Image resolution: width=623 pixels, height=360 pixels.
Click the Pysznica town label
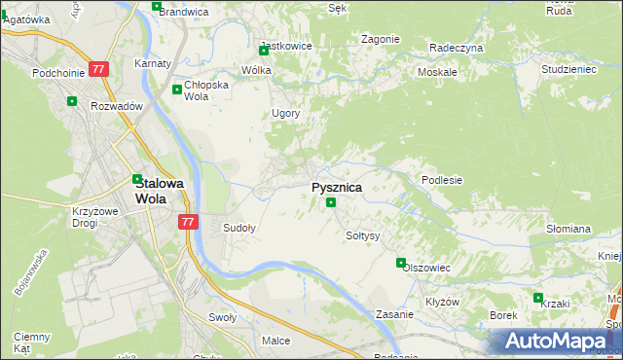pos(337,187)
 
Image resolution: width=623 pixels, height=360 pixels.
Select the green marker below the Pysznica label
pos(331,202)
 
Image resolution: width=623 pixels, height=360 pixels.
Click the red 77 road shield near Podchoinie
pos(98,70)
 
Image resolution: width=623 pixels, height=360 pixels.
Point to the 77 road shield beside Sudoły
pos(189,222)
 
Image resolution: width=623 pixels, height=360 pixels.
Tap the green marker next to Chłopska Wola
pos(176,90)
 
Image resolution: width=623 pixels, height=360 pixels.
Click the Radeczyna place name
pos(457,48)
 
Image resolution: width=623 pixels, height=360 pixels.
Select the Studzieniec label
pos(568,70)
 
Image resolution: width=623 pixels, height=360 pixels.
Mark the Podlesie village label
pos(441,180)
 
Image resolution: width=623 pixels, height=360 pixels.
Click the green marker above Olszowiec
pos(400,263)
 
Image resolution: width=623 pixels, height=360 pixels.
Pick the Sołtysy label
pos(362,235)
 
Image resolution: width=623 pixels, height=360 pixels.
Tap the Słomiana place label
pos(568,229)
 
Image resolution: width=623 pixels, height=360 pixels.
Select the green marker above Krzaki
pos(537,298)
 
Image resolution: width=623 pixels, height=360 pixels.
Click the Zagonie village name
pos(380,39)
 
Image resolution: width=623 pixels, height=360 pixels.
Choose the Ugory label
pos(285,113)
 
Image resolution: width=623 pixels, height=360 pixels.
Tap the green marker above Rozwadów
pos(71,100)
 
